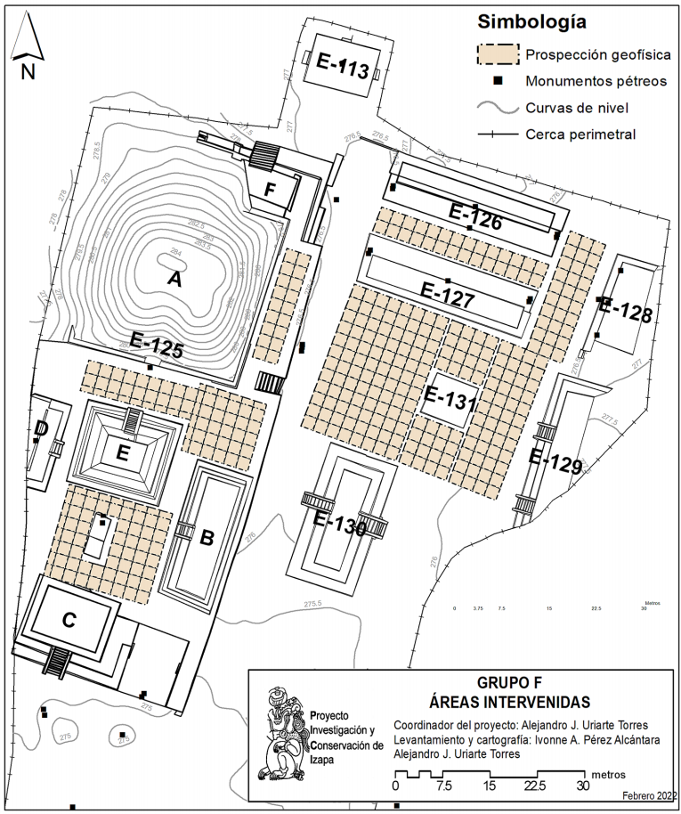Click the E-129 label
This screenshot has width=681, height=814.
tap(555, 460)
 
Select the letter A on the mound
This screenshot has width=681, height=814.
tap(174, 280)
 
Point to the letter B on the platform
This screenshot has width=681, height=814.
tap(207, 538)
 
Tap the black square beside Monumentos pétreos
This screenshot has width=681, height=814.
tap(499, 82)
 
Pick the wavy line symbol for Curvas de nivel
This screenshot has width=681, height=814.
tap(497, 109)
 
